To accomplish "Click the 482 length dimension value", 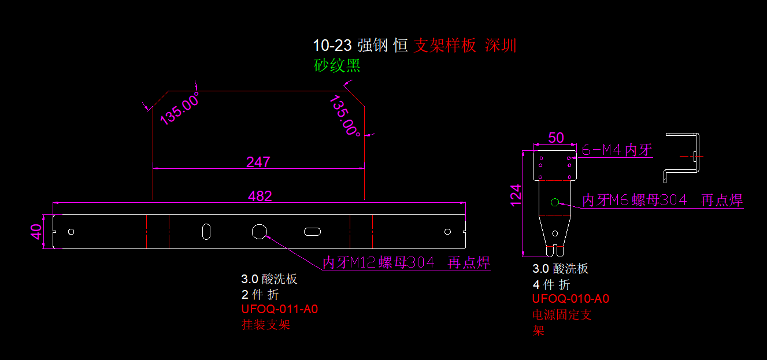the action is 260,196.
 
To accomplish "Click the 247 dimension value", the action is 258,162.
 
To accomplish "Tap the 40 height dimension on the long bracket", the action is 36,232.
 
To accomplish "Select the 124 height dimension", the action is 516,195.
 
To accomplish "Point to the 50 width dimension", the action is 555,138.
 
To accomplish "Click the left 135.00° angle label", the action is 179,109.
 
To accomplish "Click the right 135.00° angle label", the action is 345,116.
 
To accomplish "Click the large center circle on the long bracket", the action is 259,232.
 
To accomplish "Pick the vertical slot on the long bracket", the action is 206,232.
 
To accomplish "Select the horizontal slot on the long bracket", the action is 312,232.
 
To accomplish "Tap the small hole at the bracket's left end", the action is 71,232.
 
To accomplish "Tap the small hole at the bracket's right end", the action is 447,232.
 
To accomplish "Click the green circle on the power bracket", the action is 555,202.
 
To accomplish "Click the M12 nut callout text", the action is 406,262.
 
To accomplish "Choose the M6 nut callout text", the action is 662,200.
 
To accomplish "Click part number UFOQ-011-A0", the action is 280,309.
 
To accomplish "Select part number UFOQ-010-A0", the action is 571,299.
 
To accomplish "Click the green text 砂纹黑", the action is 337,65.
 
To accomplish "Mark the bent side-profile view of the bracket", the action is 682,158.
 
